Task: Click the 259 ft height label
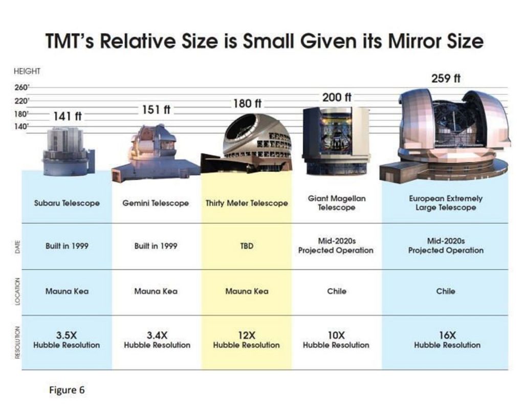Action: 446,78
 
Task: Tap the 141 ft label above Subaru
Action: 68,116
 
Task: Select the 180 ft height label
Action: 247,103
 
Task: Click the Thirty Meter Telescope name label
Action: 247,203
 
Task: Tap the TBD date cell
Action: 247,246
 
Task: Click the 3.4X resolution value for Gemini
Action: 157,335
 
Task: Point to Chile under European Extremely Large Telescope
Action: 446,291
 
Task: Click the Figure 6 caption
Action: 67,390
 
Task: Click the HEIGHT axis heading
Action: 27,71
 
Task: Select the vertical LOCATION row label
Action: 18,291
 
